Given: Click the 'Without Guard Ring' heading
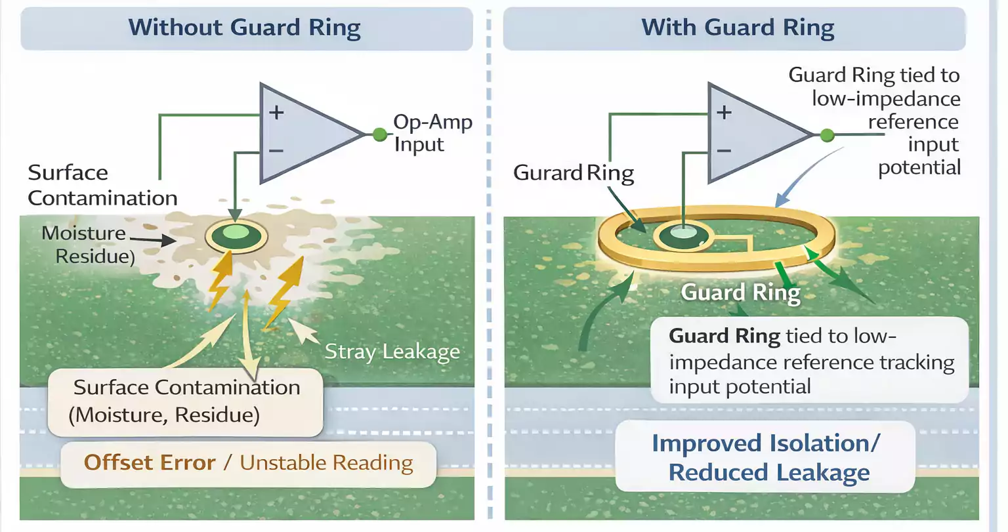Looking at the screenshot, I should click(244, 28).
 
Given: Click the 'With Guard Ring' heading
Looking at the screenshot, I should click(738, 28).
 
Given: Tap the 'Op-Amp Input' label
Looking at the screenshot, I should click(432, 133).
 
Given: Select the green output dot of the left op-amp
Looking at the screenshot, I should click(379, 135).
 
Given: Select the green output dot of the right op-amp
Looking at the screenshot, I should click(828, 135).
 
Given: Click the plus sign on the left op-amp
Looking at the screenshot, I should click(276, 112).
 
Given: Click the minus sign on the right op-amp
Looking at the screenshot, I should click(724, 151).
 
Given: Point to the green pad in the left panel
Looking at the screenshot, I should click(236, 235).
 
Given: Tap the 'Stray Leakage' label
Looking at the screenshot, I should click(392, 352).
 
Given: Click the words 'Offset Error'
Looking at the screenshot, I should click(150, 462).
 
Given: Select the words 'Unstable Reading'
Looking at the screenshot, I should click(326, 462).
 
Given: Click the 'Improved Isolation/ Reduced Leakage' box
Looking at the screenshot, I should click(765, 457).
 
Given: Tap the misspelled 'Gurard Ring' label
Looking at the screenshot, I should click(573, 173).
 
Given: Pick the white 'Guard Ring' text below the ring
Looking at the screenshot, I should click(740, 293).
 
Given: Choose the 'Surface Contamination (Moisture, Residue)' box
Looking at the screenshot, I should click(186, 401).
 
